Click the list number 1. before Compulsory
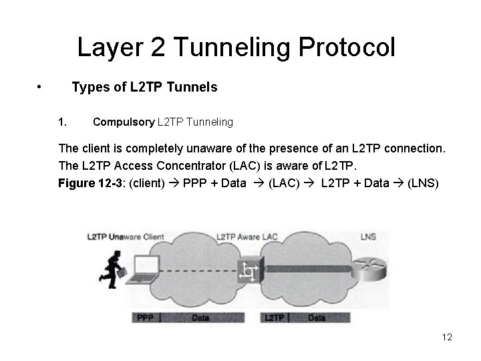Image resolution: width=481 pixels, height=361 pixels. click(x=63, y=122)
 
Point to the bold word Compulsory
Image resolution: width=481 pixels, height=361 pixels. click(x=123, y=122)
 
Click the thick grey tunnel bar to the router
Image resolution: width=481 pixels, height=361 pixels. click(x=314, y=269)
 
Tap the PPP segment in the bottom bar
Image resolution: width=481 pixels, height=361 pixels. click(x=146, y=318)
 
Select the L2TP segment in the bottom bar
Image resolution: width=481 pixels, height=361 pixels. click(x=275, y=318)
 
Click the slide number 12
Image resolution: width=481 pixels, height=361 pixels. click(x=447, y=337)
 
